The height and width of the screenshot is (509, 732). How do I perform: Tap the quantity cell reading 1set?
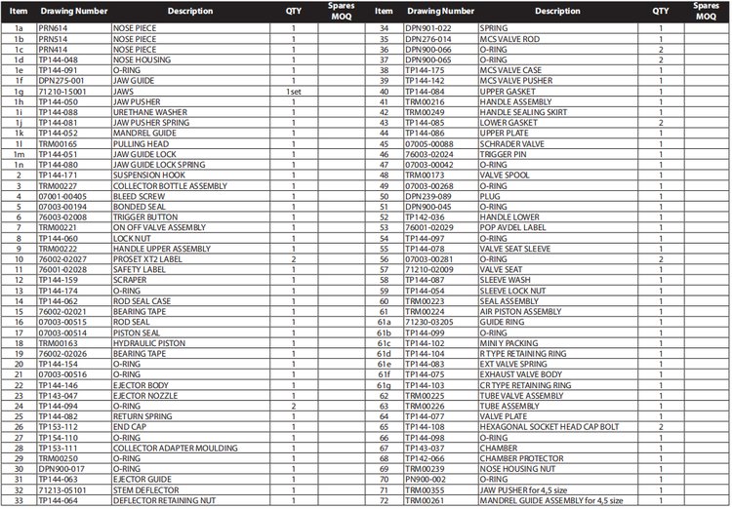coord(294,91)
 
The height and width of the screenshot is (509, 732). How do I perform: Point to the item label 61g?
coord(384,385)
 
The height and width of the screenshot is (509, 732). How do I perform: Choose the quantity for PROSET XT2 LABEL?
coord(294,259)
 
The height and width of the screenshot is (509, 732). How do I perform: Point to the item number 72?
coord(384,501)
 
